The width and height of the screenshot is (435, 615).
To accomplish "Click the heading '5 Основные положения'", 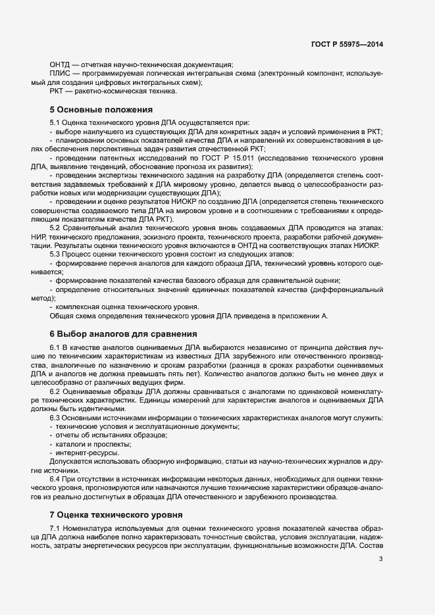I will (x=101, y=109).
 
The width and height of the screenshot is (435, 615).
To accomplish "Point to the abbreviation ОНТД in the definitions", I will (x=60, y=64).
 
